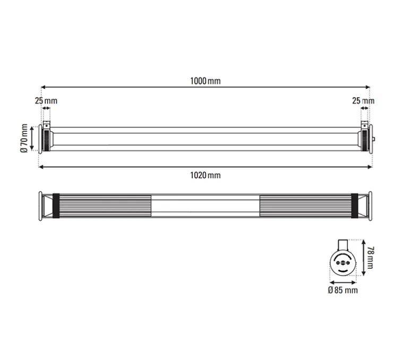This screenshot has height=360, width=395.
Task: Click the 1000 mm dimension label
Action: [x=205, y=81]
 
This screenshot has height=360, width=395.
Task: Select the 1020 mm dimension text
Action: [x=205, y=175]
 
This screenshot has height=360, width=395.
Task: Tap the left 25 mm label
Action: [x=46, y=100]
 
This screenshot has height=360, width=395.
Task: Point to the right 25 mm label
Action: [x=363, y=100]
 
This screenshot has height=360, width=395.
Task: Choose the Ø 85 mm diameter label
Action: [x=342, y=290]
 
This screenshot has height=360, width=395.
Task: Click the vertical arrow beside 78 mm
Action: [x=363, y=258]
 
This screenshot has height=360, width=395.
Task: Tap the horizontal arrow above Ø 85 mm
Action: [x=342, y=281]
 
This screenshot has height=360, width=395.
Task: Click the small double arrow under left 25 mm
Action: [x=46, y=108]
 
